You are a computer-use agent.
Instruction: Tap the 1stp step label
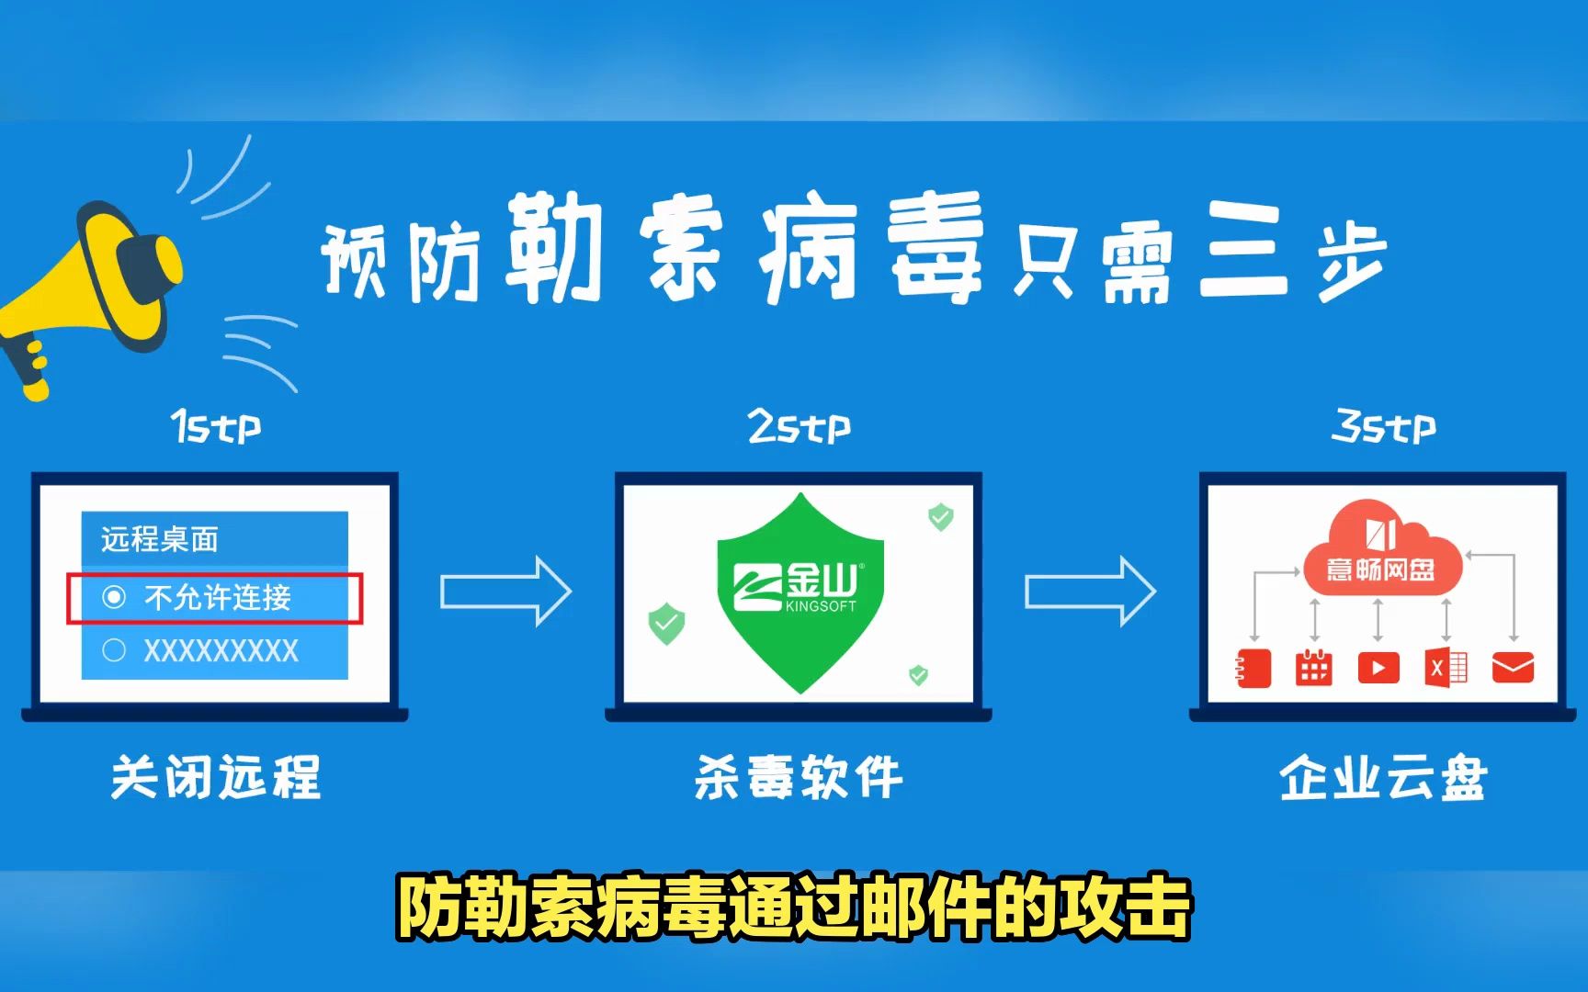(x=216, y=427)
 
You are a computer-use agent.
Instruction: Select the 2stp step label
(x=799, y=427)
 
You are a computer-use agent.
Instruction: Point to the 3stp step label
(x=1383, y=427)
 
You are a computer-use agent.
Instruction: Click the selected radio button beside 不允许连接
(x=114, y=598)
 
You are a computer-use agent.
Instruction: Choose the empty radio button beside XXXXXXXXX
(x=114, y=650)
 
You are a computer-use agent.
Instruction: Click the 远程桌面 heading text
(x=160, y=539)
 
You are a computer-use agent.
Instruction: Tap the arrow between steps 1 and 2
(x=505, y=592)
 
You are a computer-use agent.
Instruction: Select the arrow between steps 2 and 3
(x=1090, y=592)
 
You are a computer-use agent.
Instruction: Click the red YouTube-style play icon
(x=1378, y=668)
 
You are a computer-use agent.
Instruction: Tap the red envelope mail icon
(x=1513, y=668)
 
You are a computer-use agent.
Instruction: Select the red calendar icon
(x=1313, y=668)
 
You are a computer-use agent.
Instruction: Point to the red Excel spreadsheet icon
(x=1446, y=668)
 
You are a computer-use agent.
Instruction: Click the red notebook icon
(x=1253, y=668)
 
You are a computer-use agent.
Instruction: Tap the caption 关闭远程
(x=216, y=777)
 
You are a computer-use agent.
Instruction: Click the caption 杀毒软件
(x=799, y=777)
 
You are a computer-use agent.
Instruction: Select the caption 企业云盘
(x=1383, y=777)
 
